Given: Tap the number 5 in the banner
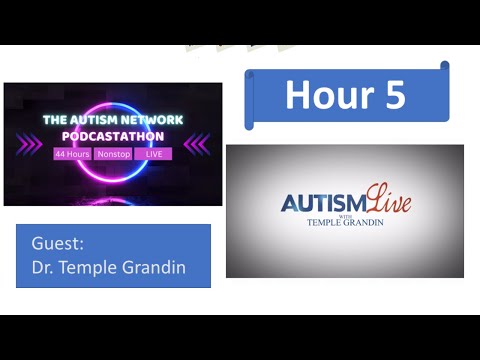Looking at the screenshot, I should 392,94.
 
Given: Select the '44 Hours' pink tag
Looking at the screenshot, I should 72,154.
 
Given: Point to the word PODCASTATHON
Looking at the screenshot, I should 112,135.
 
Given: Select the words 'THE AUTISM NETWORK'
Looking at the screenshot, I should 112,119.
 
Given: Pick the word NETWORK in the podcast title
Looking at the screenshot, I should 151,119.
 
